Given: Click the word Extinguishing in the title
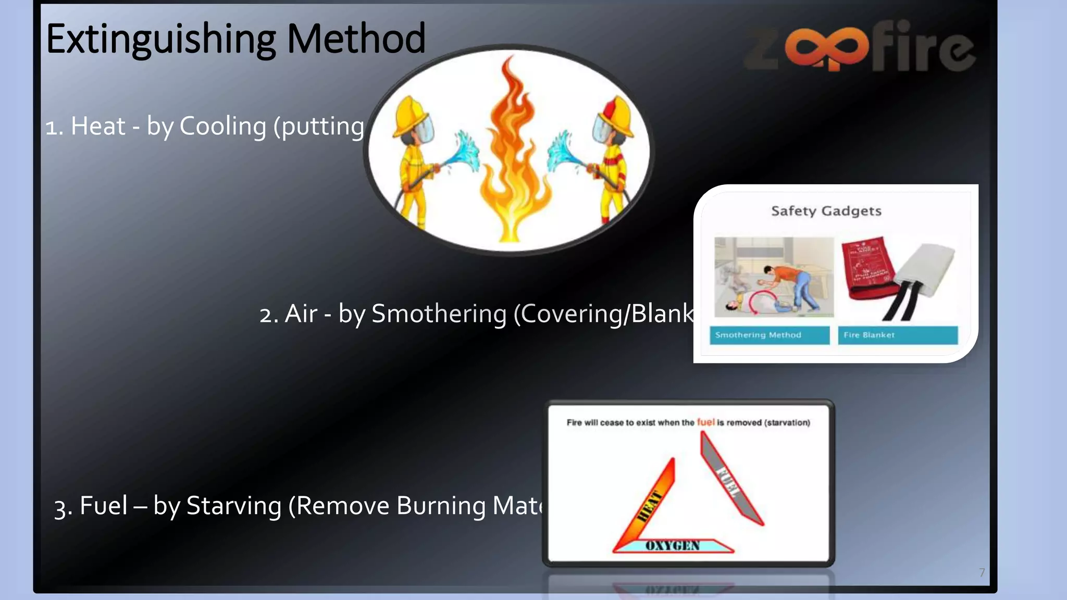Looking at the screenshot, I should [x=160, y=40].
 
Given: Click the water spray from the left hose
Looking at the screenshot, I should [x=466, y=151].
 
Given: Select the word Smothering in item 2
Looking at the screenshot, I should [x=439, y=314].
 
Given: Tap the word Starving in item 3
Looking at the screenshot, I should [x=234, y=506].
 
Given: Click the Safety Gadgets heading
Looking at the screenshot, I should [x=826, y=211].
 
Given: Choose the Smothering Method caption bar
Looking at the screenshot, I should [x=769, y=335].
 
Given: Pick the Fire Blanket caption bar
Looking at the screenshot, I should [x=897, y=335].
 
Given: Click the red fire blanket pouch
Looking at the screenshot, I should [x=867, y=268].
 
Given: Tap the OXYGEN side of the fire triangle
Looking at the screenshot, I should [x=673, y=545].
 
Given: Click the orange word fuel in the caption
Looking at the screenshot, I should [x=705, y=422].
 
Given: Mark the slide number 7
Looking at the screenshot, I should [x=982, y=572].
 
